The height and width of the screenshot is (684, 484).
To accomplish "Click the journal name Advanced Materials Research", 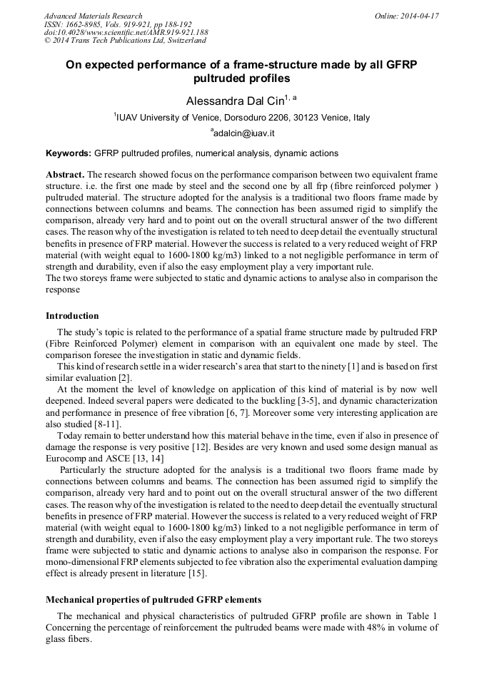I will (x=93, y=16).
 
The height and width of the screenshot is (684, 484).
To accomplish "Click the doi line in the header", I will (x=126, y=32).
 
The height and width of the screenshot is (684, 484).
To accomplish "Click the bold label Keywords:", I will (x=68, y=153).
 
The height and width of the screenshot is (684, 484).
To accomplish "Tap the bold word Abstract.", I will (x=66, y=175).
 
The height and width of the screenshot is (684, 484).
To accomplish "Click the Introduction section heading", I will (x=72, y=316).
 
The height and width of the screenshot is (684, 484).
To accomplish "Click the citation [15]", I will (x=197, y=573).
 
